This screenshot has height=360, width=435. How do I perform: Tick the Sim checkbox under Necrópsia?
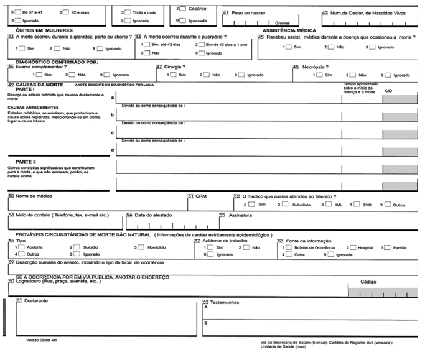(317, 75)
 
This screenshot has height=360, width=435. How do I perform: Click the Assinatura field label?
(240, 215)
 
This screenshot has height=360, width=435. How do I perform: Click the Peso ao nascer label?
(248, 12)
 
